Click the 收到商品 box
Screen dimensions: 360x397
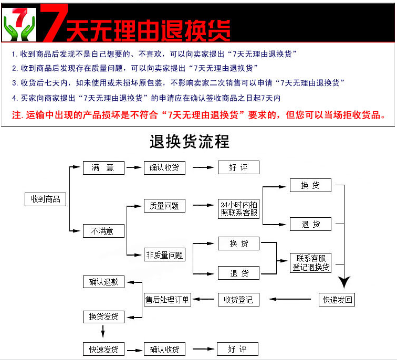(x=46, y=199)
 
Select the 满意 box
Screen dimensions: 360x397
(x=103, y=168)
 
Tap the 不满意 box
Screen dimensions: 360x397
(x=103, y=231)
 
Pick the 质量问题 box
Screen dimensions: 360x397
(x=164, y=206)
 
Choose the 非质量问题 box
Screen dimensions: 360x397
(x=164, y=255)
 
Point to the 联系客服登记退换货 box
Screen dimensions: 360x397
(x=311, y=262)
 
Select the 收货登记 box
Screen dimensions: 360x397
(x=238, y=300)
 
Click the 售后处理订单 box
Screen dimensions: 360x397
(x=168, y=300)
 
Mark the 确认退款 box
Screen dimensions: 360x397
(x=103, y=282)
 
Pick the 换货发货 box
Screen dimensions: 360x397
(x=103, y=317)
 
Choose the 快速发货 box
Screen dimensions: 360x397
(x=103, y=350)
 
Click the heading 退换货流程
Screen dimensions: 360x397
(x=190, y=142)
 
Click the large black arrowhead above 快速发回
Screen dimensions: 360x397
(x=344, y=282)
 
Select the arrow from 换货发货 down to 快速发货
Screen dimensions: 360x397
(x=103, y=331)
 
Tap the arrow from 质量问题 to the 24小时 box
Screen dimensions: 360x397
(x=204, y=206)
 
